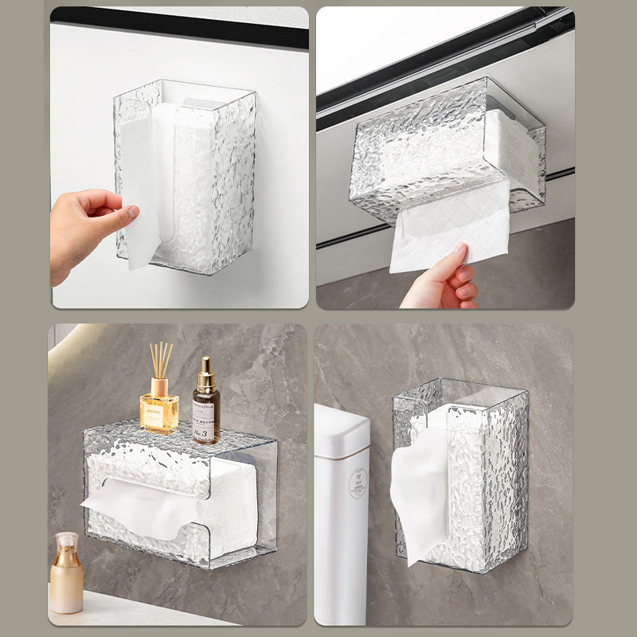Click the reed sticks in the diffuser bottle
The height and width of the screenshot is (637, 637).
[160, 359]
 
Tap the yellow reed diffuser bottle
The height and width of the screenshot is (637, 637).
[158, 411]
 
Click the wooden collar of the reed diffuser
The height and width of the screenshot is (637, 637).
[159, 386]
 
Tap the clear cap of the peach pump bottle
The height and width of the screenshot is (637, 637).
[66, 541]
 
